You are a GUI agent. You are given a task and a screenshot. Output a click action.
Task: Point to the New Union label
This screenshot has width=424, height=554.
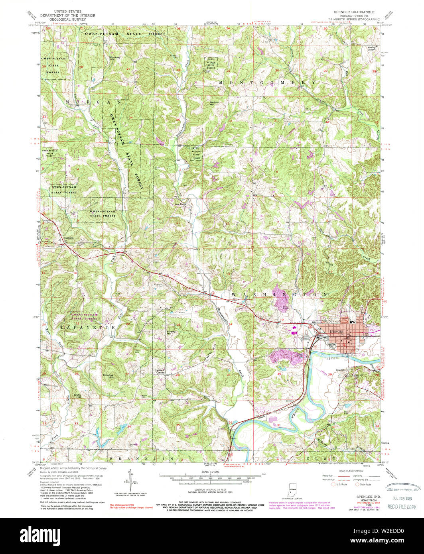(181, 204)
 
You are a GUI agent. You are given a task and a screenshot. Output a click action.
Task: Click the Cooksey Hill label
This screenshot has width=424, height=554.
(116, 58)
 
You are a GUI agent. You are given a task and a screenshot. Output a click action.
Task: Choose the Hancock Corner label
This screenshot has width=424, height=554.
(160, 371)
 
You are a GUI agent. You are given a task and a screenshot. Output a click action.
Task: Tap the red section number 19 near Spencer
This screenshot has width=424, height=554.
(282, 320)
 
